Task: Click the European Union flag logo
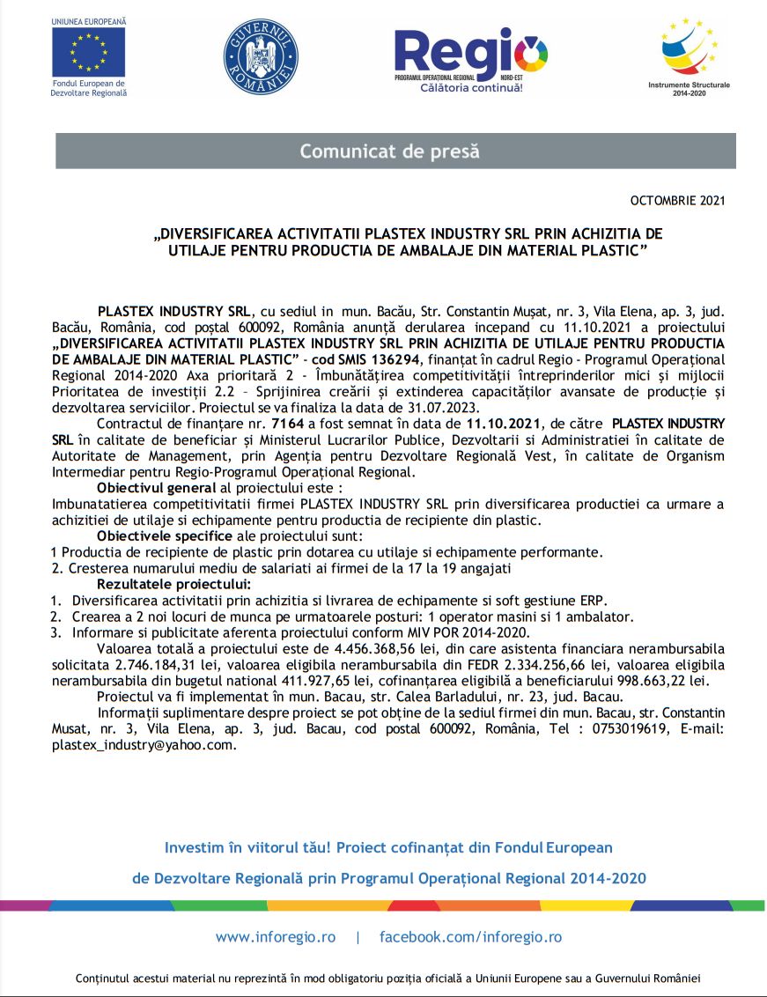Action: coord(88,51)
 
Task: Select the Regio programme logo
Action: coord(470,55)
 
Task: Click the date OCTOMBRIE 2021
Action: coord(678,201)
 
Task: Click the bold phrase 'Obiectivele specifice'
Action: coord(153,535)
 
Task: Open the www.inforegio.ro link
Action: coord(275,937)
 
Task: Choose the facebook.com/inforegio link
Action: coord(470,937)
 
